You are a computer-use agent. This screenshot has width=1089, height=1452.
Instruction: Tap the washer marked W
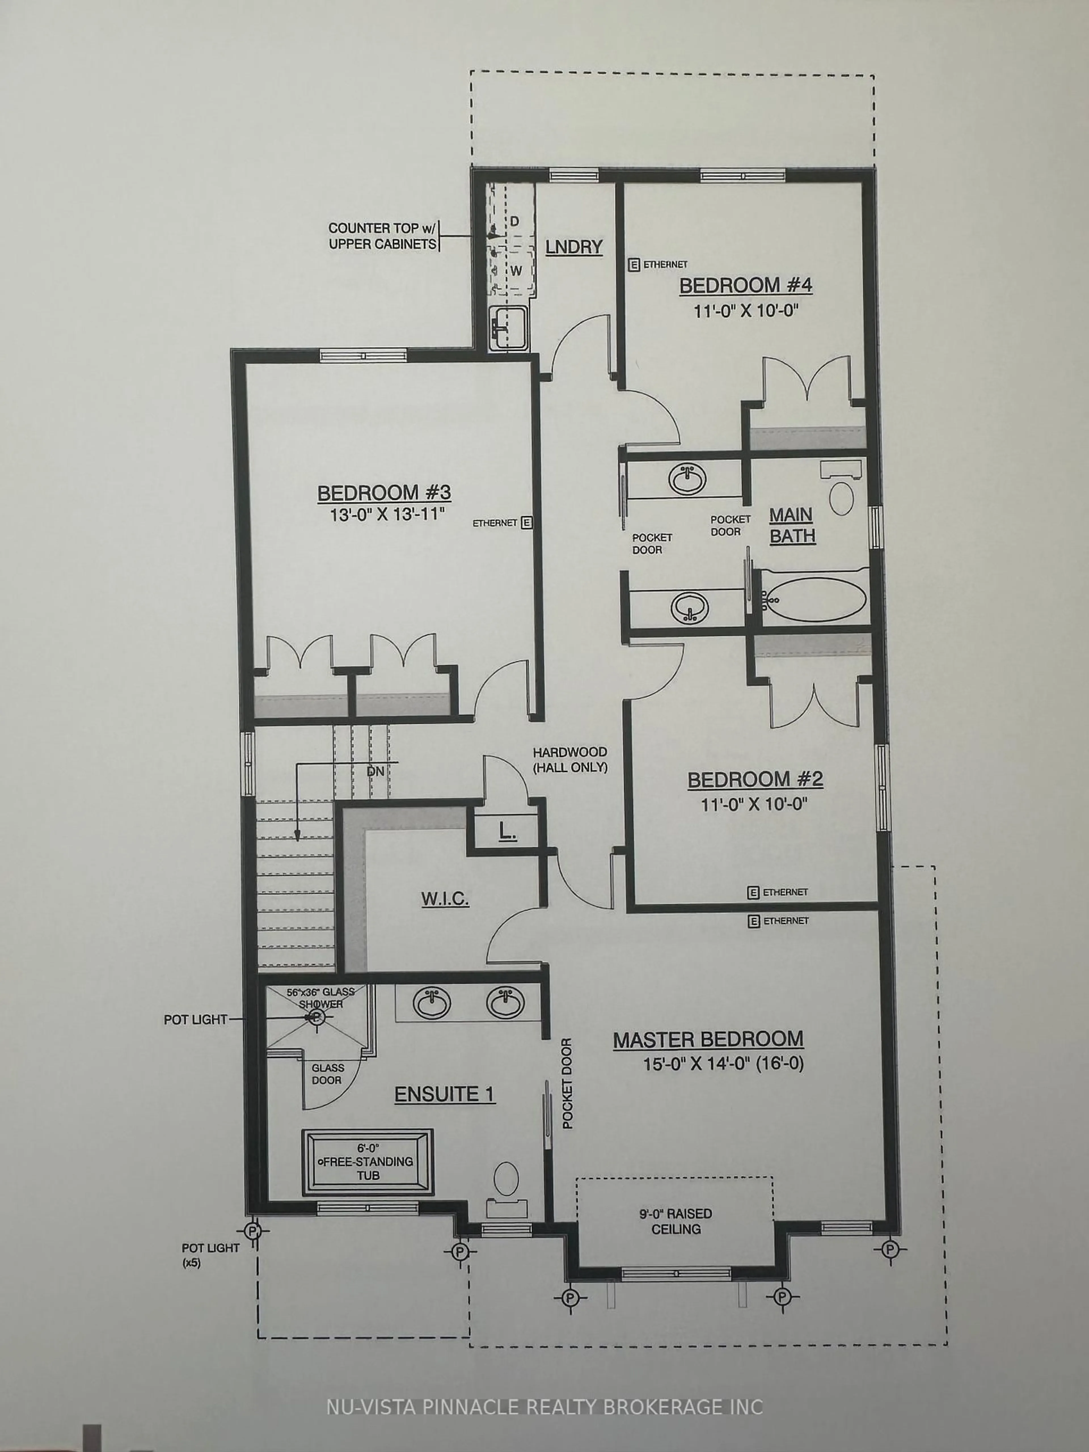click(x=515, y=271)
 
